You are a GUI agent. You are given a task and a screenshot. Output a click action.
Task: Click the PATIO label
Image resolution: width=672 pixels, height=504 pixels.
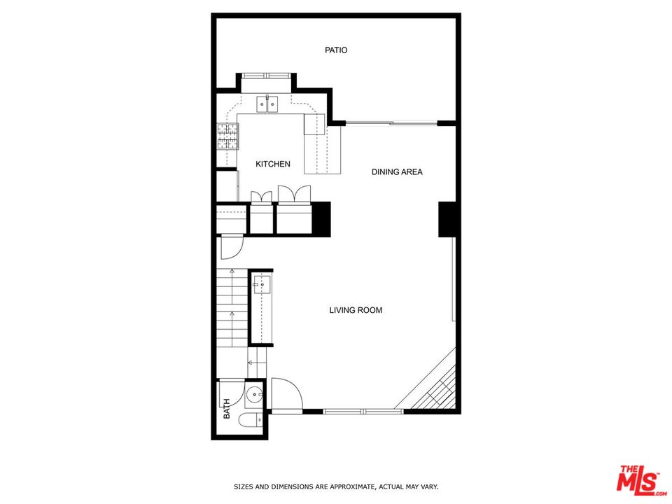336,50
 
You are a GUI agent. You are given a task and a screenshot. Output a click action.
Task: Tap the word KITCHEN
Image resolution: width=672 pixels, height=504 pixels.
272,164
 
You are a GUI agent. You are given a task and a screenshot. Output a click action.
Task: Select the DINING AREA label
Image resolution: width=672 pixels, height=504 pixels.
397,171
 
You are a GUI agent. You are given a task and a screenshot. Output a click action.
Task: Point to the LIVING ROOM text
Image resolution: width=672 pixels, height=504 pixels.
356,310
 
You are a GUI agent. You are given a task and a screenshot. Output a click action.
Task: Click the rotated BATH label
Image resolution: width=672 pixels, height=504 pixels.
227,409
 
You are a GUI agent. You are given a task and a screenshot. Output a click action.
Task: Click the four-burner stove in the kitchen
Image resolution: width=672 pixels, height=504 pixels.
227,136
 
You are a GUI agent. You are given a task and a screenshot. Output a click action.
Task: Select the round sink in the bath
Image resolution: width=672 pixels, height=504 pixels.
255,395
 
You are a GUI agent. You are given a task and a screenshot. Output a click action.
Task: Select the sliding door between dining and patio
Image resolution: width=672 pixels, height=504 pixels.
392,124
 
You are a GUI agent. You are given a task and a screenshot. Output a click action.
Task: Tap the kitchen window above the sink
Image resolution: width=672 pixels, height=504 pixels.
267,75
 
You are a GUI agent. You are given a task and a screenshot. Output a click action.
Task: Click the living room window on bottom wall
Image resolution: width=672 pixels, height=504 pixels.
363,411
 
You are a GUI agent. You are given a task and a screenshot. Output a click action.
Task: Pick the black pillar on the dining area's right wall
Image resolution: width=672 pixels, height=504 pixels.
447,219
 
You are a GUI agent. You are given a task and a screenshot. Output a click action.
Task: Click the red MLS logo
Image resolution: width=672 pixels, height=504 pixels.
638,480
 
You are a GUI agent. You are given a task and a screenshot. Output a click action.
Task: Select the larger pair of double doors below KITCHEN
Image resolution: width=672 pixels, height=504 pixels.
294,195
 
